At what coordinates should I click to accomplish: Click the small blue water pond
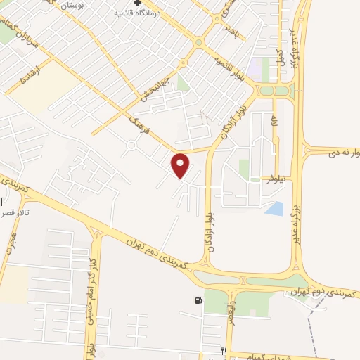click(x=275, y=208)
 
